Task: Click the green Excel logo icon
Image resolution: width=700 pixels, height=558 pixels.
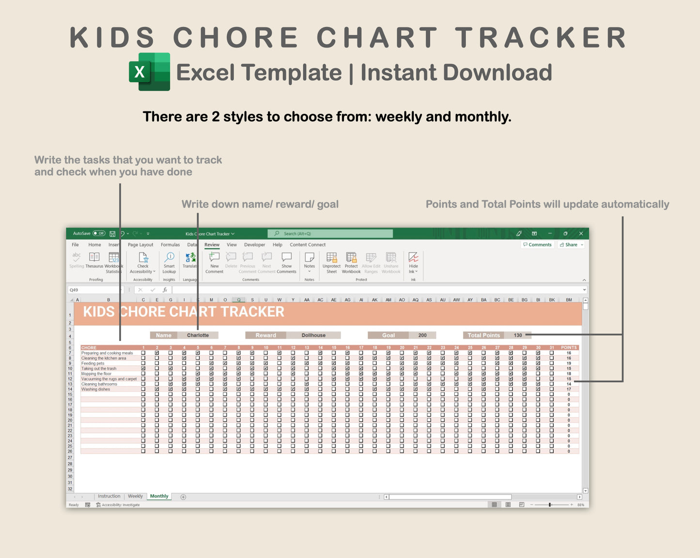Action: pos(149,72)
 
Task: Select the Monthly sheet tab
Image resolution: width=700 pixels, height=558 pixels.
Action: pos(159,496)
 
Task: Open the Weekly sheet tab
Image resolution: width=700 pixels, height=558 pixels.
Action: pos(135,496)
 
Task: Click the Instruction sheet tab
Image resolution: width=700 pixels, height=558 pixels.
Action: pos(109,496)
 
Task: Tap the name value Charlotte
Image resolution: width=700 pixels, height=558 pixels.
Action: pos(198,335)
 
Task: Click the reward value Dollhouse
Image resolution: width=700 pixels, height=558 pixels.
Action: pos(313,335)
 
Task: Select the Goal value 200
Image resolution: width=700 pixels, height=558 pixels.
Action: pos(422,335)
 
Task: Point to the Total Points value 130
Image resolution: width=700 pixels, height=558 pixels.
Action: pos(518,335)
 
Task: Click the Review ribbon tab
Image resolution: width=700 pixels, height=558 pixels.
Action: pos(212,245)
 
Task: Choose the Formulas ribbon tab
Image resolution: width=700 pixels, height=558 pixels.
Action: pos(170,245)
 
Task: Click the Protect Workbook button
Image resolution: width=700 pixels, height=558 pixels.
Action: pos(351,263)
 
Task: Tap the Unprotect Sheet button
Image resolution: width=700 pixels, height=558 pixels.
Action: pos(331,263)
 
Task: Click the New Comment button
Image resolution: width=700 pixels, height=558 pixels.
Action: pos(214,263)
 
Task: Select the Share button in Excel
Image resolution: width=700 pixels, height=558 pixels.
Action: pos(571,245)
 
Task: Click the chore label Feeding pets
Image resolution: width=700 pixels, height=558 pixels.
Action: pos(93,363)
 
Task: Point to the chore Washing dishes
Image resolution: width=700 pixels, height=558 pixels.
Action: pos(95,389)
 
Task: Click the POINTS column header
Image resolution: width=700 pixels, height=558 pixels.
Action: pos(569,348)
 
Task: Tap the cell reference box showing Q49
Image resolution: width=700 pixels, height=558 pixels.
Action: pos(94,290)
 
